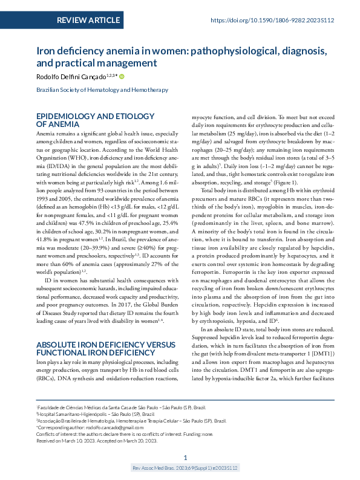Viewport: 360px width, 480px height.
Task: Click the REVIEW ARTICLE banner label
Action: [x=88, y=21]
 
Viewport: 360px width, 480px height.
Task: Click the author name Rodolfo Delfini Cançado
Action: [x=70, y=77]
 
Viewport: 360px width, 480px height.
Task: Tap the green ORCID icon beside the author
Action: [x=122, y=76]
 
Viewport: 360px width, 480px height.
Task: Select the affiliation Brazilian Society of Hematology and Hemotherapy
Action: [x=102, y=90]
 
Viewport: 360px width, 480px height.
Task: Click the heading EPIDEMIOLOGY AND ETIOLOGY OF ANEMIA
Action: [x=92, y=119]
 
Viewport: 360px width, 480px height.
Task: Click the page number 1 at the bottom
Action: [x=185, y=458]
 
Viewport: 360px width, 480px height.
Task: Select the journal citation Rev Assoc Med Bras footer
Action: [x=185, y=468]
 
